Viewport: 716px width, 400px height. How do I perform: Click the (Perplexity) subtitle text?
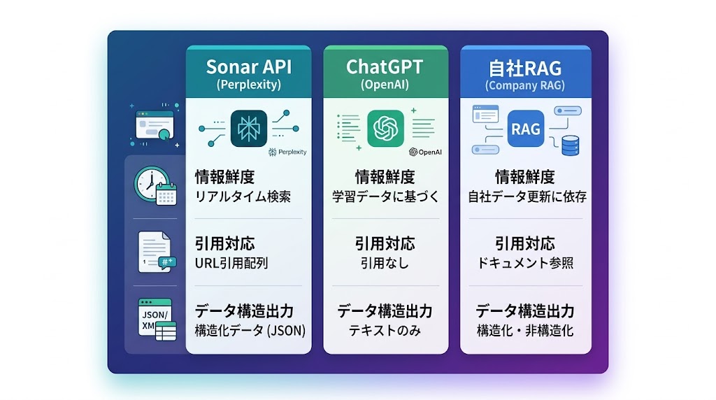tap(248, 85)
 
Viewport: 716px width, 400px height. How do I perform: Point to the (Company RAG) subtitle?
tap(525, 85)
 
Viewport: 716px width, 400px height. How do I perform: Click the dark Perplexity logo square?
tap(248, 128)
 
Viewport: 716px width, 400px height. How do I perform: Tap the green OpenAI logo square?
tap(385, 128)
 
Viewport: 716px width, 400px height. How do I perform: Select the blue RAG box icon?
tap(525, 129)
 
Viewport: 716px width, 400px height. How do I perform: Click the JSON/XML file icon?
tap(156, 319)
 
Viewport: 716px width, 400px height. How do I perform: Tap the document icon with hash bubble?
tap(155, 252)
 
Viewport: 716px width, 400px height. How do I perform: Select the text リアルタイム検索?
tap(243, 197)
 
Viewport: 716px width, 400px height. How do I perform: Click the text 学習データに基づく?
tap(385, 197)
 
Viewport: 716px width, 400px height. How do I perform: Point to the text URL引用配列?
tap(231, 263)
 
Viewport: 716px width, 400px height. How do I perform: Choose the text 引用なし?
tap(385, 263)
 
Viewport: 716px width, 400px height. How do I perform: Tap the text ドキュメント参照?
tap(525, 263)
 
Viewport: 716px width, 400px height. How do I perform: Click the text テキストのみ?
tap(385, 330)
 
